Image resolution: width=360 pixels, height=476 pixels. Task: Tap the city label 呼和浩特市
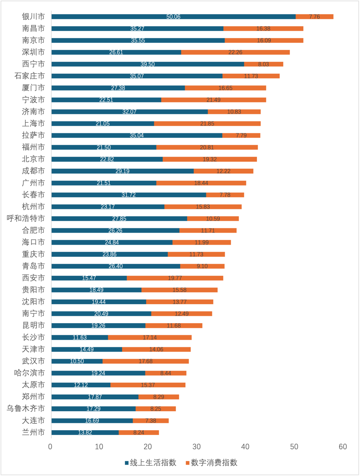pyautogui.click(x=26, y=218)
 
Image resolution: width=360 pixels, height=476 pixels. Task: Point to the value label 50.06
pyautogui.click(x=173, y=17)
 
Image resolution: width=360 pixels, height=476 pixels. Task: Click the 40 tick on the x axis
pyautogui.click(x=245, y=447)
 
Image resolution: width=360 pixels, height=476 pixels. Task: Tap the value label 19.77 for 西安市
pyautogui.click(x=175, y=278)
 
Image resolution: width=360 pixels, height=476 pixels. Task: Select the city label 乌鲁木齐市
pyautogui.click(x=26, y=409)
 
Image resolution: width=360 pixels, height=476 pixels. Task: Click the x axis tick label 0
pyautogui.click(x=50, y=447)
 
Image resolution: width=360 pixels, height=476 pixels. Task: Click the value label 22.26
pyautogui.click(x=235, y=52)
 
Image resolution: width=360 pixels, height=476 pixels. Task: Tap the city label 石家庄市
pyautogui.click(x=29, y=76)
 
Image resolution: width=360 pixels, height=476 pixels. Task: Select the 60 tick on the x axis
pyautogui.click(x=343, y=447)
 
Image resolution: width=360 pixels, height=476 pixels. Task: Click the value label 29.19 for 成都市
pyautogui.click(x=122, y=171)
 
